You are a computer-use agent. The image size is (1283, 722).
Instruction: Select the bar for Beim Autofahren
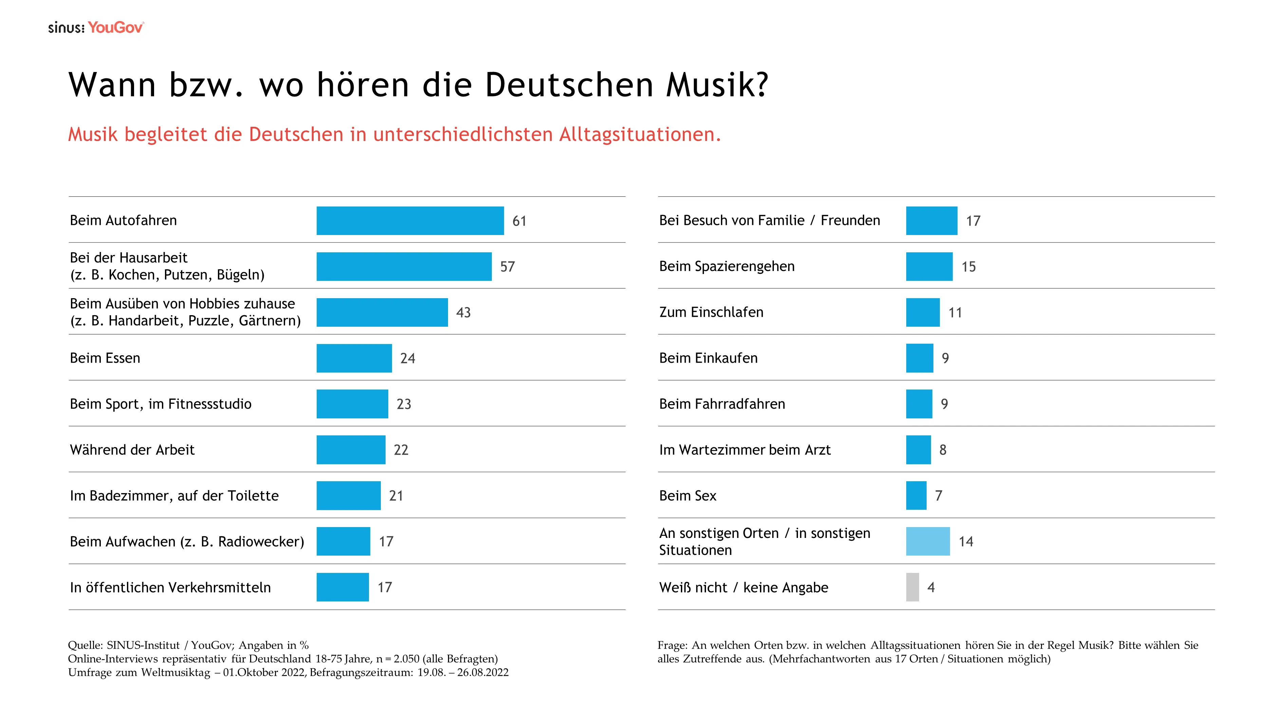pyautogui.click(x=410, y=221)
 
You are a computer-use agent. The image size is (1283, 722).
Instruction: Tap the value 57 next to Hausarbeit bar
pyautogui.click(x=507, y=267)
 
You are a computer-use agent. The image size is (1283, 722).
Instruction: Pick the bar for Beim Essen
pyautogui.click(x=354, y=358)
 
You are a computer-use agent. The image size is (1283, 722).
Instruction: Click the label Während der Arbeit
pyautogui.click(x=132, y=450)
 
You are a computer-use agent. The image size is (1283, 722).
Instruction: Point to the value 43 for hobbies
pyautogui.click(x=463, y=313)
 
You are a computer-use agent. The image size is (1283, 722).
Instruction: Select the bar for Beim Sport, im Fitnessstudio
pyautogui.click(x=352, y=404)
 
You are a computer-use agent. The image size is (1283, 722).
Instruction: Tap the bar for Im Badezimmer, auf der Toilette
pyautogui.click(x=348, y=496)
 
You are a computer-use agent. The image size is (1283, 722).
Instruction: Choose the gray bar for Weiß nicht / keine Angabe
pyautogui.click(x=912, y=588)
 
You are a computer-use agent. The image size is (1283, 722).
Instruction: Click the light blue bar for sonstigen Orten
pyautogui.click(x=927, y=542)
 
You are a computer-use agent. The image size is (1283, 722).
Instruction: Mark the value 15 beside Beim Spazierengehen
pyautogui.click(x=968, y=267)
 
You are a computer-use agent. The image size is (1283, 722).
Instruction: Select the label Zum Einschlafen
pyautogui.click(x=711, y=312)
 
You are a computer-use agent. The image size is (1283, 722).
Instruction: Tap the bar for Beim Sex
pyautogui.click(x=916, y=496)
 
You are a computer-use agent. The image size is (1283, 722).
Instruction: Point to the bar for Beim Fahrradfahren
pyautogui.click(x=918, y=404)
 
